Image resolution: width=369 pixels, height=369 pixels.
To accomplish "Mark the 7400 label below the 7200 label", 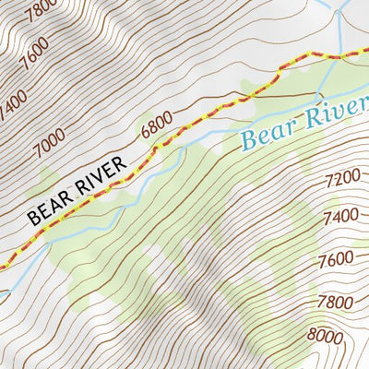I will tap(341, 217).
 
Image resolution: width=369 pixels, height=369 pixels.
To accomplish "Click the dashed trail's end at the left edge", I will tap(3, 265).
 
